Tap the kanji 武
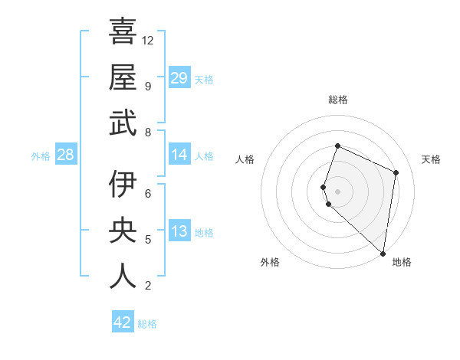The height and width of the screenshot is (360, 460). [x=123, y=123]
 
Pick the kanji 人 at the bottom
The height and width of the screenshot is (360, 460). [x=123, y=277]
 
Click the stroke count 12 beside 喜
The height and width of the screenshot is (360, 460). [x=149, y=40]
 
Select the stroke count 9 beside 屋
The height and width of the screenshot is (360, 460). [x=147, y=86]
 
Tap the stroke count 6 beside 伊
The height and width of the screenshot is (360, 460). [x=147, y=193]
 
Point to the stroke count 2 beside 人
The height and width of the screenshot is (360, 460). [x=147, y=286]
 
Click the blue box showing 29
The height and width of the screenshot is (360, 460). [x=179, y=77]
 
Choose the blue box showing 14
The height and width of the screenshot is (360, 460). [x=179, y=155]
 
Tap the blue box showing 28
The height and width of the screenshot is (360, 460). [x=65, y=155]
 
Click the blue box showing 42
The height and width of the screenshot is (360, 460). [x=123, y=322]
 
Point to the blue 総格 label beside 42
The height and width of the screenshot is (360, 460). [x=147, y=324]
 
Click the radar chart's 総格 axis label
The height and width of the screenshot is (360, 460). [x=338, y=100]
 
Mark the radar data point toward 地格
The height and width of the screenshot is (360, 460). [x=383, y=254]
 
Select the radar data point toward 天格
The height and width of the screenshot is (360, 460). [x=396, y=172]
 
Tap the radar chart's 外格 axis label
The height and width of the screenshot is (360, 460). [x=270, y=262]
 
